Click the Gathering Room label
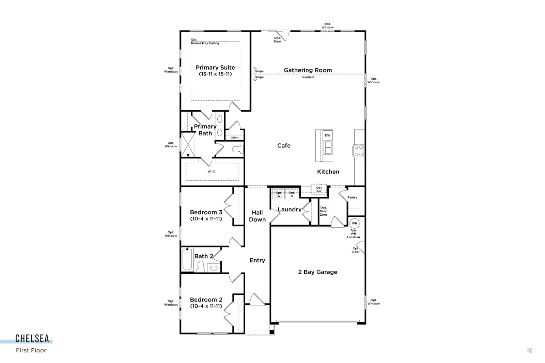click(308, 70)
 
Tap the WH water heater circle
click(354, 223)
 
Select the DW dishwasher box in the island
click(328, 135)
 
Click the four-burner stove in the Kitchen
click(359, 151)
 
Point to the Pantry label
click(352, 197)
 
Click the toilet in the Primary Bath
click(238, 149)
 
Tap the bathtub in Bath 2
click(187, 259)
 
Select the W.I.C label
click(212, 171)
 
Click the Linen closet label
click(235, 137)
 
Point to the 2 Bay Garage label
click(318, 272)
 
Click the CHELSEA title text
click(32, 339)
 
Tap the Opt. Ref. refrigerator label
click(319, 189)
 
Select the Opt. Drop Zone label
click(323, 211)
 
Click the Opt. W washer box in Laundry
click(278, 194)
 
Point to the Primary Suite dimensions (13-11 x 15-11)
click(215, 74)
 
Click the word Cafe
click(284, 146)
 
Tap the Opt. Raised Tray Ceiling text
click(205, 42)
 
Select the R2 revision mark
click(530, 350)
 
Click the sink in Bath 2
click(214, 268)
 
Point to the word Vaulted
click(308, 77)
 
